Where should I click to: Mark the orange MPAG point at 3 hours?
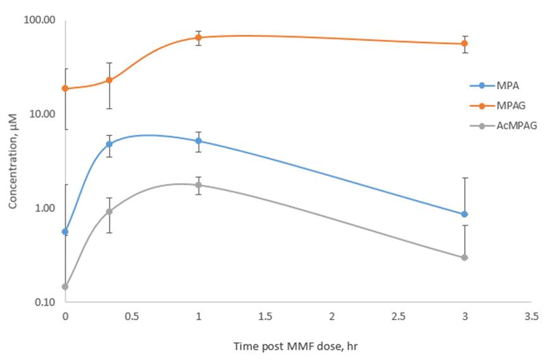coord(465,44)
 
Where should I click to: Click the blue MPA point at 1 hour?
coord(198,141)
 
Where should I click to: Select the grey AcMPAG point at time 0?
coord(65,287)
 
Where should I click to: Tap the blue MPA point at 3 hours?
coord(465,214)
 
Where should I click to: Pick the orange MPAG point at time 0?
coord(65,89)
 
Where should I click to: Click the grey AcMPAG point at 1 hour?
coord(198,185)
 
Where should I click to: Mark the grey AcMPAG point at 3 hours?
coord(465,258)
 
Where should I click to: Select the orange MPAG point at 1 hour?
coord(198,37)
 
